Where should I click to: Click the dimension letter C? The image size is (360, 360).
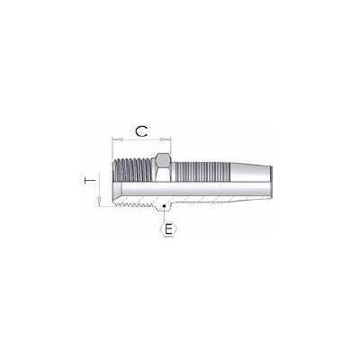[140, 131]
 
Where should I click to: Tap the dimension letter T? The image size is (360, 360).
[86, 181]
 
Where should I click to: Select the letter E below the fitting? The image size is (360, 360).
[164, 227]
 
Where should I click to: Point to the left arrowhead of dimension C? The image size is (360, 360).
[113, 140]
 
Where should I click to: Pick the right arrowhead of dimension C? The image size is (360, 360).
[167, 140]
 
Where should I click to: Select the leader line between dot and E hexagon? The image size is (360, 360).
[164, 211]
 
